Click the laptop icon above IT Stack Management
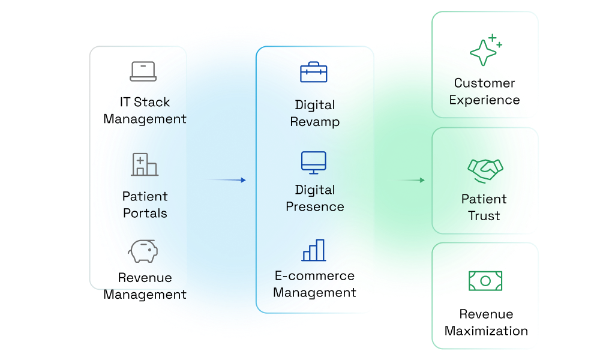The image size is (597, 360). coord(143,71)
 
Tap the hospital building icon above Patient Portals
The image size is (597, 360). coord(144,164)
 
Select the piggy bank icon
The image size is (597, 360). coord(144,250)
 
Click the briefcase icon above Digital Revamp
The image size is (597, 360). coord(314,72)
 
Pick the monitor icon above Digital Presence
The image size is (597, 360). coord(314,163)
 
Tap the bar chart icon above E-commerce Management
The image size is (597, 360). coord(314,250)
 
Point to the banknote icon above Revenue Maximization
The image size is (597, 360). coord(485,280)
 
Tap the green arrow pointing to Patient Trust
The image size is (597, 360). coord(406,180)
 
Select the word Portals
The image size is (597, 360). coord(145,213)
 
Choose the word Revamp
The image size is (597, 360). coord(315,122)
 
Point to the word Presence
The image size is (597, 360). coord(315,207)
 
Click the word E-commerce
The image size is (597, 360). coord(314,276)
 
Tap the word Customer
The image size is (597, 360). coord(484,83)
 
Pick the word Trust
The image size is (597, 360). coord(484,216)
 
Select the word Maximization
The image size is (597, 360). coord(486,331)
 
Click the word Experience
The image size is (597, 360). coord(484,100)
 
